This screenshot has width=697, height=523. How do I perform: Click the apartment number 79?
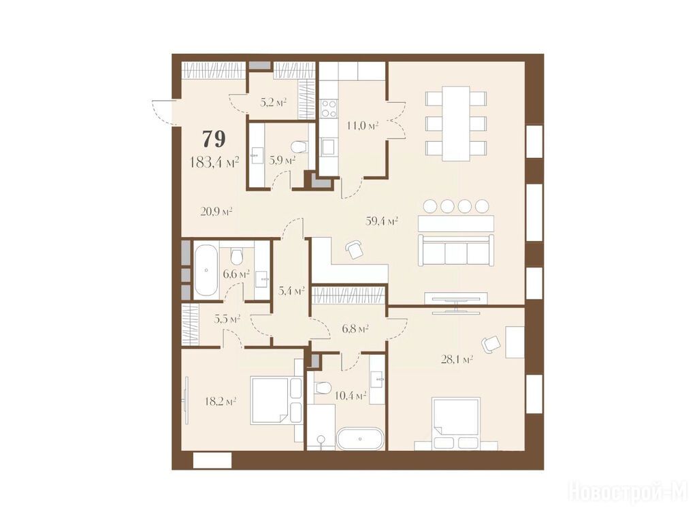coord(214,139)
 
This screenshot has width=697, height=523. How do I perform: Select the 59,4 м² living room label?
coord(381,221)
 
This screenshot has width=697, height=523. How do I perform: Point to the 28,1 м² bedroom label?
coord(457,359)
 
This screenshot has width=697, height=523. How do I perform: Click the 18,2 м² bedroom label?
coord(220,402)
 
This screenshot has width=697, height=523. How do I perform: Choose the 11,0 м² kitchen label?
coord(362,125)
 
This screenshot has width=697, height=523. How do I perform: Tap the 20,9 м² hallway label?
coord(216,212)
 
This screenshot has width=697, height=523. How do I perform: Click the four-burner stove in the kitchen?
coord(329,109)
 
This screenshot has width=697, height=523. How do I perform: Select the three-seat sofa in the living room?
coord(455,251)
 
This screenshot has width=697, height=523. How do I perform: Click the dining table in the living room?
coord(455,124)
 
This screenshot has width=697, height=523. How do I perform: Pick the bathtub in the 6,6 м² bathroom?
coord(206,270)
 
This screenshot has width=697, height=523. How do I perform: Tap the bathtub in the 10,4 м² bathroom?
coord(359,439)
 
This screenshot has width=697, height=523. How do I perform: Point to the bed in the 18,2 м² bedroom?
coord(276,400)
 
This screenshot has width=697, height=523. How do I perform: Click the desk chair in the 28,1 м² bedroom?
coord(491,344)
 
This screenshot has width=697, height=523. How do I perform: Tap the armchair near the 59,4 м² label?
coord(354,249)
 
